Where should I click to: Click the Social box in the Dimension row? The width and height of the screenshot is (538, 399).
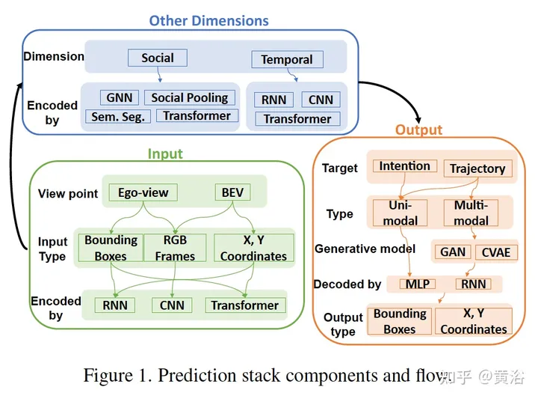click(x=158, y=58)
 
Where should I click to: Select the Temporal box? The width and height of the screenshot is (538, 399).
click(x=287, y=59)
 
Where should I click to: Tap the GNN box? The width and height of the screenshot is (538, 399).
click(x=119, y=98)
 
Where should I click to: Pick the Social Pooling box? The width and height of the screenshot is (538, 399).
click(x=189, y=98)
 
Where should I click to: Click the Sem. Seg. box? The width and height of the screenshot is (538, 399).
click(x=118, y=116)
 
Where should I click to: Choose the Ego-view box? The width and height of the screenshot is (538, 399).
click(x=143, y=192)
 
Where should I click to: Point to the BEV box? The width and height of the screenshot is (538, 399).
click(x=232, y=192)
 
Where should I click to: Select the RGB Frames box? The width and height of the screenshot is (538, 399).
click(x=175, y=248)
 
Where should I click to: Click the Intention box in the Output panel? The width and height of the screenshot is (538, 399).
click(x=404, y=166)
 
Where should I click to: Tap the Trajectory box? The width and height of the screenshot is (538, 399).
click(x=477, y=168)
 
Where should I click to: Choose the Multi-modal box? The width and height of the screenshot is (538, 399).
click(x=470, y=213)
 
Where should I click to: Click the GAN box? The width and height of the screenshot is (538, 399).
click(x=453, y=252)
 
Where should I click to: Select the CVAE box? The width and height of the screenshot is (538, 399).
click(x=495, y=252)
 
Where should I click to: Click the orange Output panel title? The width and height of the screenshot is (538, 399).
click(x=418, y=130)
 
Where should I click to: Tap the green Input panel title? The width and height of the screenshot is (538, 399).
click(x=165, y=153)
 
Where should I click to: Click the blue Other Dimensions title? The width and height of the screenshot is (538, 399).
click(x=208, y=20)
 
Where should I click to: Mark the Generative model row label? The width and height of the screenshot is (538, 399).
click(x=365, y=249)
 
